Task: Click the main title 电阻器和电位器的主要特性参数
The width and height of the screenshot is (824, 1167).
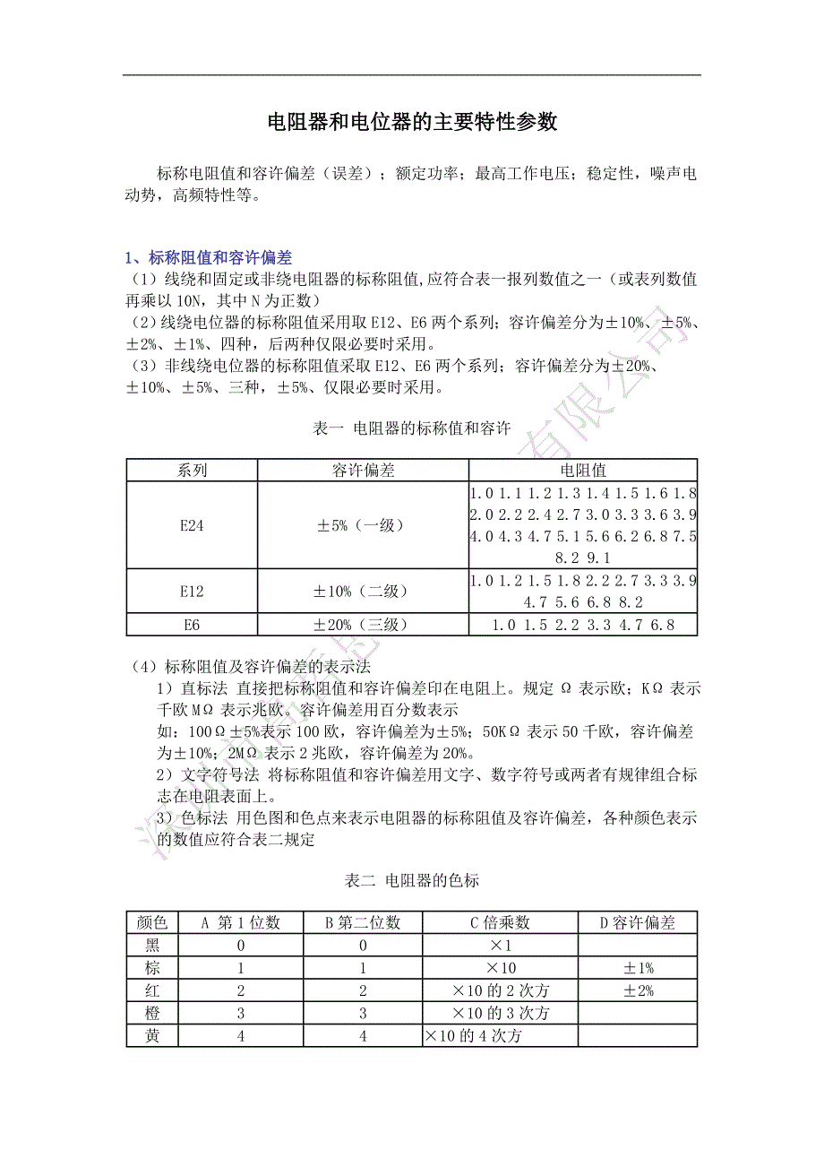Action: coord(412,123)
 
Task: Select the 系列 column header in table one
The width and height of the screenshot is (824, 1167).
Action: coord(192,470)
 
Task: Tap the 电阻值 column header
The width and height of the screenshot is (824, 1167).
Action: coord(583,470)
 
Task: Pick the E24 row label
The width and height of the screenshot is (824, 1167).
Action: coord(192,525)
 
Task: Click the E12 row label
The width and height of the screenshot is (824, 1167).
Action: coord(192,591)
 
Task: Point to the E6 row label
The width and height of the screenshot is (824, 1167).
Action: coord(192,625)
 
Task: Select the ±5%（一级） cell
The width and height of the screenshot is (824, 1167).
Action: coord(363,525)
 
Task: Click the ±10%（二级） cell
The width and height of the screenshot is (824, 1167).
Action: coord(363,591)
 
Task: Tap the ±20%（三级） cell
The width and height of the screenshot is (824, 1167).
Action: coord(363,625)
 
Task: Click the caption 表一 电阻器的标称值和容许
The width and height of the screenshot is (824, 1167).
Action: coord(412,429)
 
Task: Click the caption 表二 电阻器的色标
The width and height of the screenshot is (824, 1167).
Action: coord(412,880)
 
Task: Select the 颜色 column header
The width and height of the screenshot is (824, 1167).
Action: coord(152,922)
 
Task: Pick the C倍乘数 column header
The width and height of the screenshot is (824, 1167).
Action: coord(500,922)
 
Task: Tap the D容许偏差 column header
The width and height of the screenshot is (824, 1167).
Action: coord(637,922)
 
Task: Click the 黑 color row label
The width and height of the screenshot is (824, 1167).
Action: coord(152,945)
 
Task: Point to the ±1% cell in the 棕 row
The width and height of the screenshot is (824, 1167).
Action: coord(637,968)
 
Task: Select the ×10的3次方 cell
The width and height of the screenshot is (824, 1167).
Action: coord(500,1014)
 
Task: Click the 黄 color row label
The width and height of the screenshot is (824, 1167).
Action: coord(152,1036)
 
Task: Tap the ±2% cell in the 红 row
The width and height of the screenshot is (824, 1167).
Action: coord(637,990)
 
